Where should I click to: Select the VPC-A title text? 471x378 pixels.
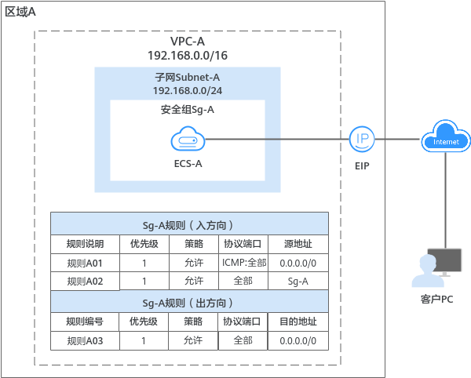188,42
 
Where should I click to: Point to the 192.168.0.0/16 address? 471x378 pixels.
188,56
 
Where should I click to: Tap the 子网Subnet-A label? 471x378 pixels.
187,78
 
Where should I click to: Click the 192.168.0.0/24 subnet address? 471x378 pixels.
187,92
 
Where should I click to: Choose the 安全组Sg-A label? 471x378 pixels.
187,110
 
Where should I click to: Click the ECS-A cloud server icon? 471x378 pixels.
188,141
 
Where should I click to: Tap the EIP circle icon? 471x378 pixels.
362,140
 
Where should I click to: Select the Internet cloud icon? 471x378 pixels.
446,139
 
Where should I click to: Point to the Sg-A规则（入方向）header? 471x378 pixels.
188,224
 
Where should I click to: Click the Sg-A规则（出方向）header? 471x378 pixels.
188,302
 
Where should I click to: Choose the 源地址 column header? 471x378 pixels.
298,243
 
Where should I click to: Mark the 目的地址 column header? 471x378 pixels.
298,322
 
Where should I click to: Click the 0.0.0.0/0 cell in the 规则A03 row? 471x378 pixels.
298,340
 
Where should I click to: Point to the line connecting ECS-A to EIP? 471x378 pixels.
275,140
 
